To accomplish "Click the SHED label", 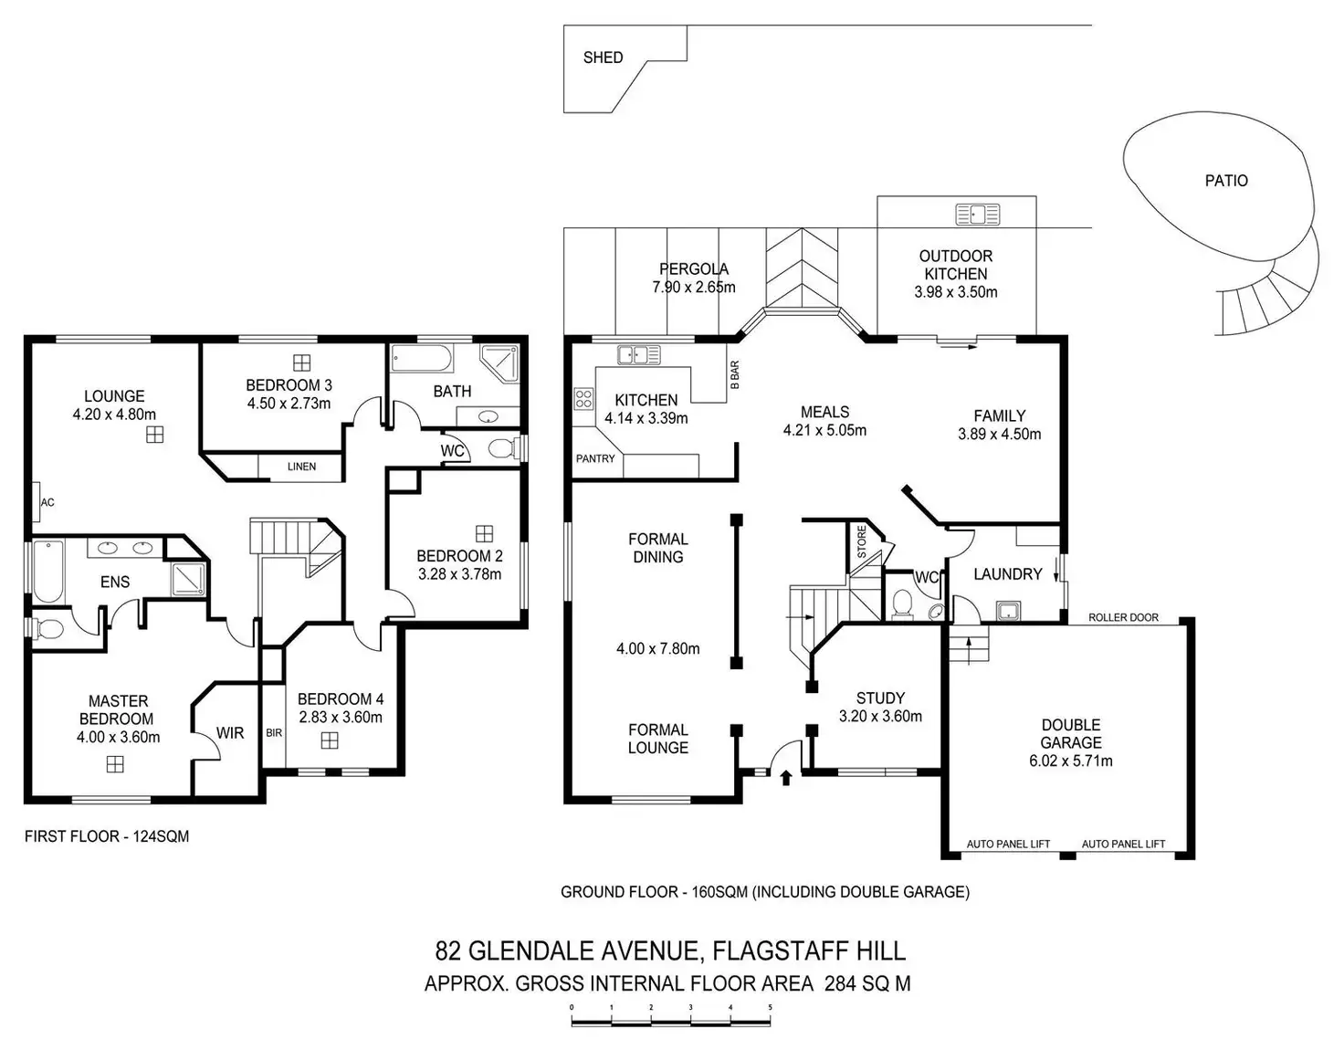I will pyautogui.click(x=603, y=58).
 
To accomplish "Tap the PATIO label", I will pyautogui.click(x=1225, y=181).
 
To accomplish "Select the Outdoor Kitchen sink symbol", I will pyautogui.click(x=977, y=215).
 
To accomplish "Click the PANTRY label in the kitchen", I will pyautogui.click(x=595, y=458).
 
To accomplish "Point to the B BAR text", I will pyautogui.click(x=735, y=375).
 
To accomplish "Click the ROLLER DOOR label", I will pyautogui.click(x=1123, y=617).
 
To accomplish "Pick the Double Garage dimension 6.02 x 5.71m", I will pyautogui.click(x=1070, y=761).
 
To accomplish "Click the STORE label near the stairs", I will pyautogui.click(x=861, y=541).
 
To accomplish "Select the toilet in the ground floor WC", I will pyautogui.click(x=901, y=604).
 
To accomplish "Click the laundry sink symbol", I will pyautogui.click(x=1008, y=610).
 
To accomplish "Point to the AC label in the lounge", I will pyautogui.click(x=47, y=502).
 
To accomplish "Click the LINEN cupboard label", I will pyautogui.click(x=301, y=467).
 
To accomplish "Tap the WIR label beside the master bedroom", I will pyautogui.click(x=230, y=732).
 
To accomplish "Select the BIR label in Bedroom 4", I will pyautogui.click(x=274, y=732).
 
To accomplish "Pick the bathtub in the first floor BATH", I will pyautogui.click(x=421, y=358).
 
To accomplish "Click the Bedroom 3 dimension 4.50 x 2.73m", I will pyautogui.click(x=289, y=403).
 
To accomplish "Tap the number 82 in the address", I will pyautogui.click(x=447, y=950).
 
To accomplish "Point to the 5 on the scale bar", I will pyautogui.click(x=771, y=1008).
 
